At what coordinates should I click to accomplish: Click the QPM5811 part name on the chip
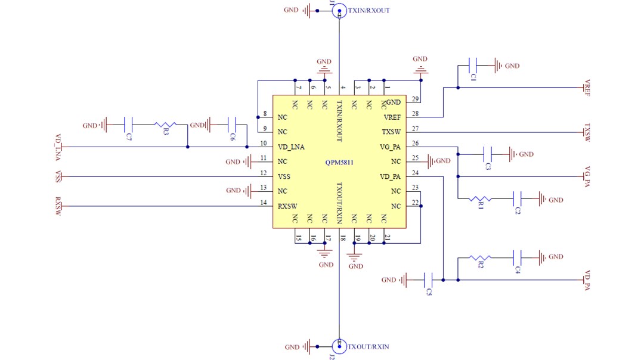coord(340,162)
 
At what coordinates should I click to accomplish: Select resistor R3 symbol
coord(165,125)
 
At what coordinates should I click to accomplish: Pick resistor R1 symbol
coord(479,198)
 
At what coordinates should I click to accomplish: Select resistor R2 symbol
coord(479,257)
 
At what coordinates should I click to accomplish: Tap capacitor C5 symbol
coord(428,279)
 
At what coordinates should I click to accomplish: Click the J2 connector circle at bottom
coord(339,346)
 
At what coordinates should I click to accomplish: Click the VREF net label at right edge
coord(587,88)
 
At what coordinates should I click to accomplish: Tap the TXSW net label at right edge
coord(587,132)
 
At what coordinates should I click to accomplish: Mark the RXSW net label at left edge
coord(58,206)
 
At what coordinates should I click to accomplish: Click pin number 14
coord(264,203)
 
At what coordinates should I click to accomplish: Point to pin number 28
coord(415,114)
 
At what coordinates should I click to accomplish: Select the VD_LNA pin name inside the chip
coord(292,147)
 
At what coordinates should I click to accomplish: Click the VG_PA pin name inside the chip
coord(390,147)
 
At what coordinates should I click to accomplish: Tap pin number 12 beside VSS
coord(264,173)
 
